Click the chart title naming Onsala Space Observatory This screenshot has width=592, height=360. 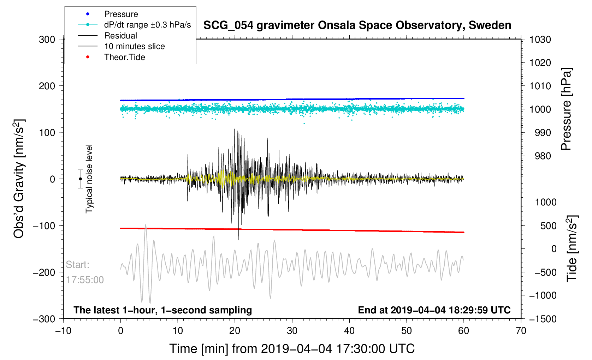(357, 25)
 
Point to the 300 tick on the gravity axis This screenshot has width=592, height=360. (47, 40)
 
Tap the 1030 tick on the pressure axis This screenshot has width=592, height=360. (540, 40)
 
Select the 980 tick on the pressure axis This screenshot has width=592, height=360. (543, 156)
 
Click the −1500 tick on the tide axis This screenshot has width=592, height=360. (543, 319)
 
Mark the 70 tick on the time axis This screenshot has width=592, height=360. (521, 330)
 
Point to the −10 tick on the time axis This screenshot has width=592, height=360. (64, 330)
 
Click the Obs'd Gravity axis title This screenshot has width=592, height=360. (19, 179)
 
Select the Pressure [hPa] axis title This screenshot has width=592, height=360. (566, 109)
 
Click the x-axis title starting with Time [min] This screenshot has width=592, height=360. (292, 349)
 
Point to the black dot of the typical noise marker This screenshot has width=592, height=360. (80, 179)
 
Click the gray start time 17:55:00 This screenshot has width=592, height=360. (85, 280)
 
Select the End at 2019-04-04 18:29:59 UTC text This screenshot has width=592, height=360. (434, 310)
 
